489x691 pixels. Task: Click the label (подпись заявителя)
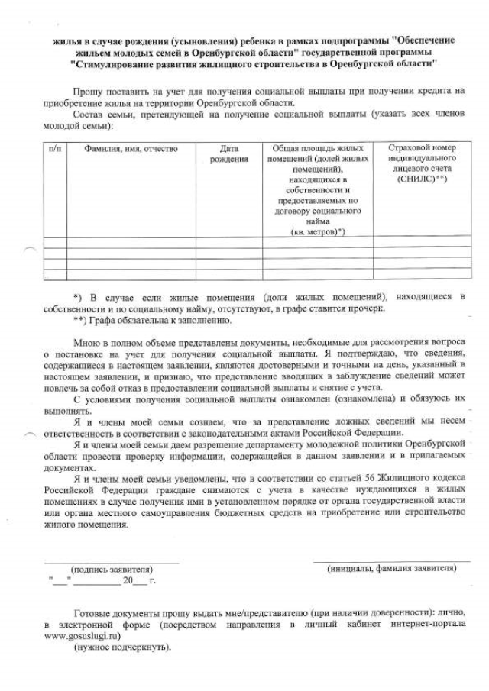(112, 569)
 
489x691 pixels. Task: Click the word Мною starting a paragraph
(88, 344)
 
